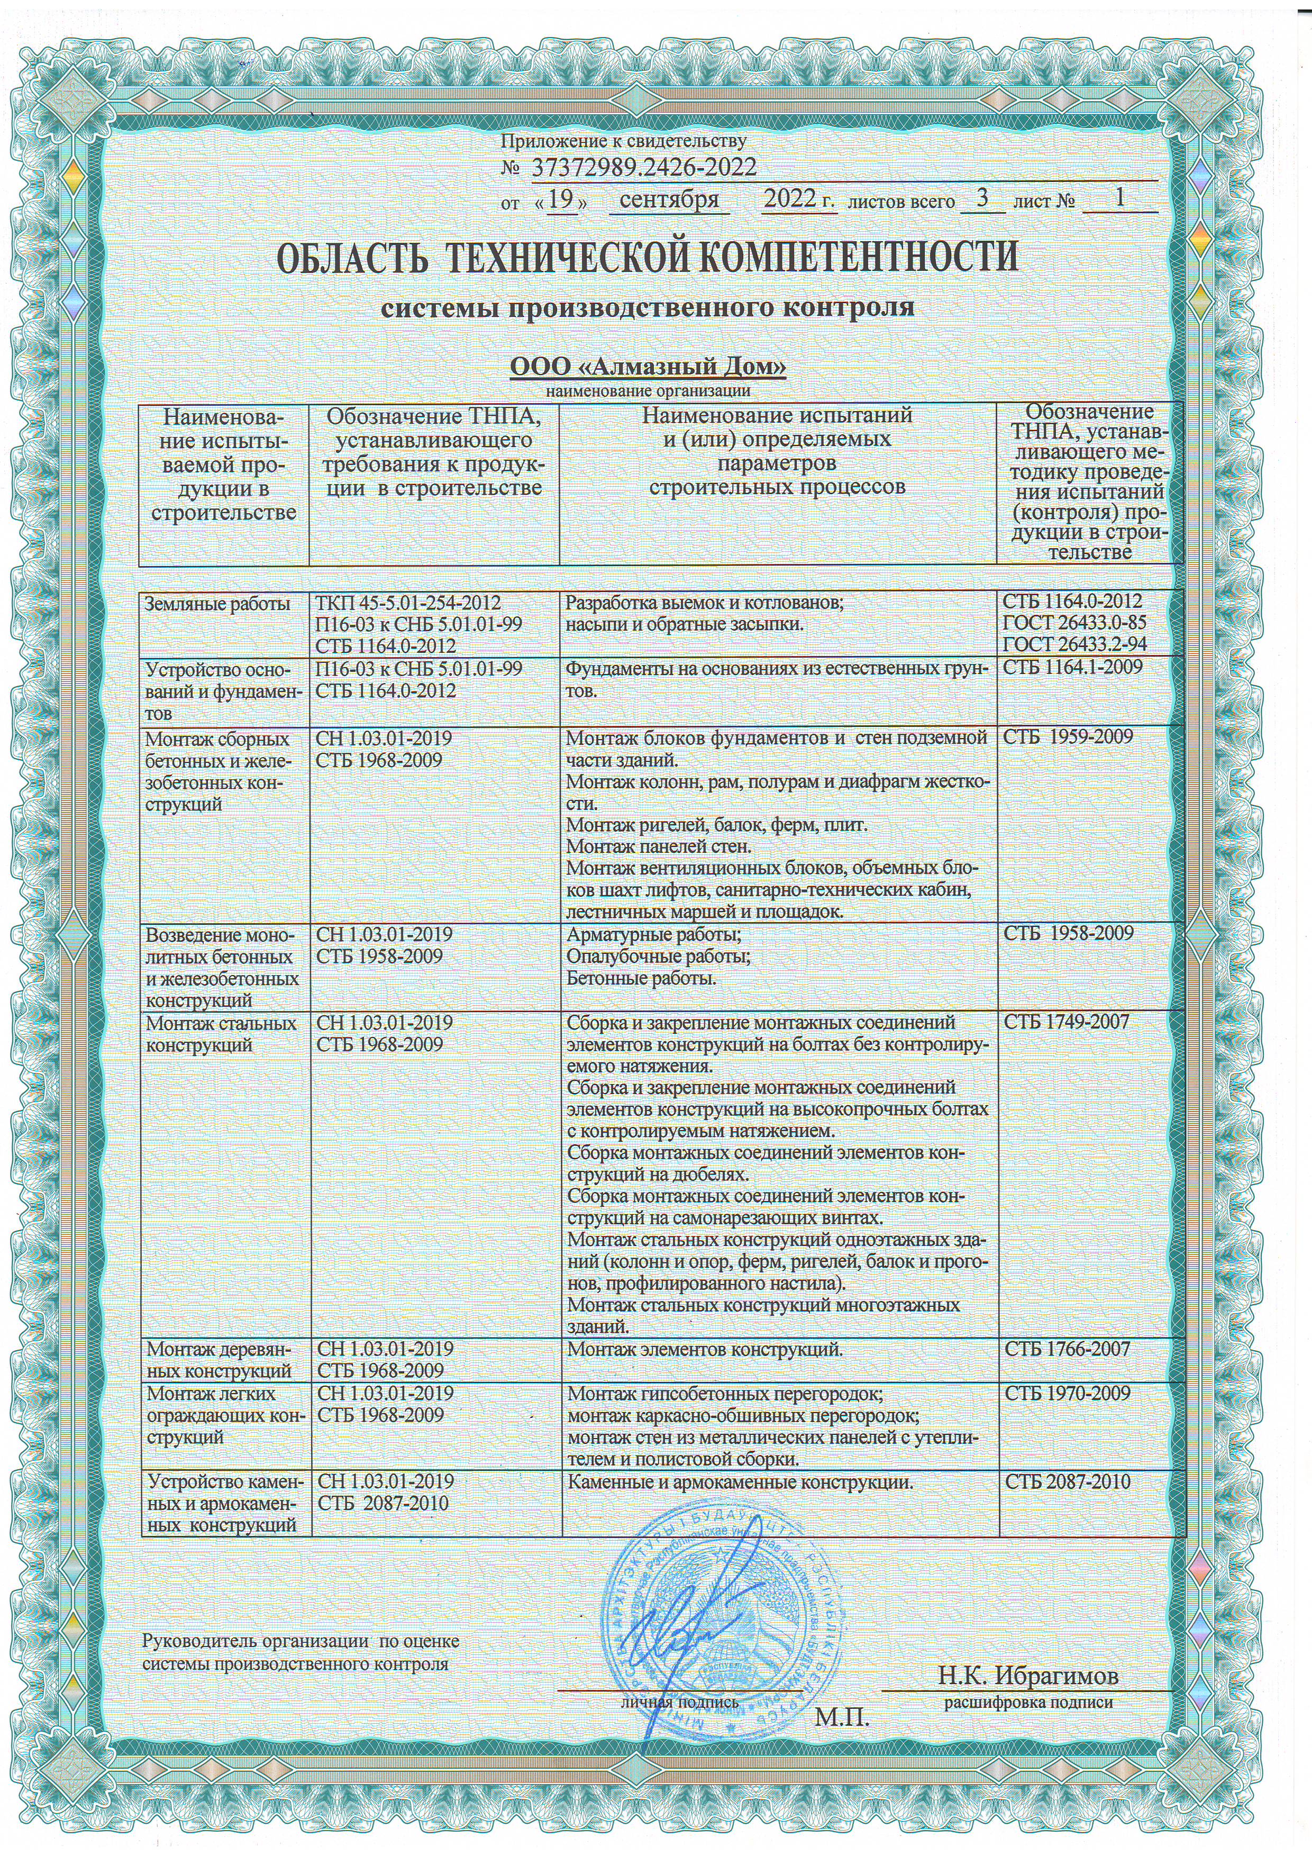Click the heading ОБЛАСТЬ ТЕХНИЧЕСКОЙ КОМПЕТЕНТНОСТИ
pyautogui.click(x=648, y=257)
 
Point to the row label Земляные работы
pyautogui.click(x=217, y=603)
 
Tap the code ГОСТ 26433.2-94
pyautogui.click(x=1074, y=645)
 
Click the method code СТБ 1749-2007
pyautogui.click(x=1065, y=1023)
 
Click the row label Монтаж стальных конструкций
pyautogui.click(x=221, y=1034)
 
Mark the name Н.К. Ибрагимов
pyautogui.click(x=1028, y=1676)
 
